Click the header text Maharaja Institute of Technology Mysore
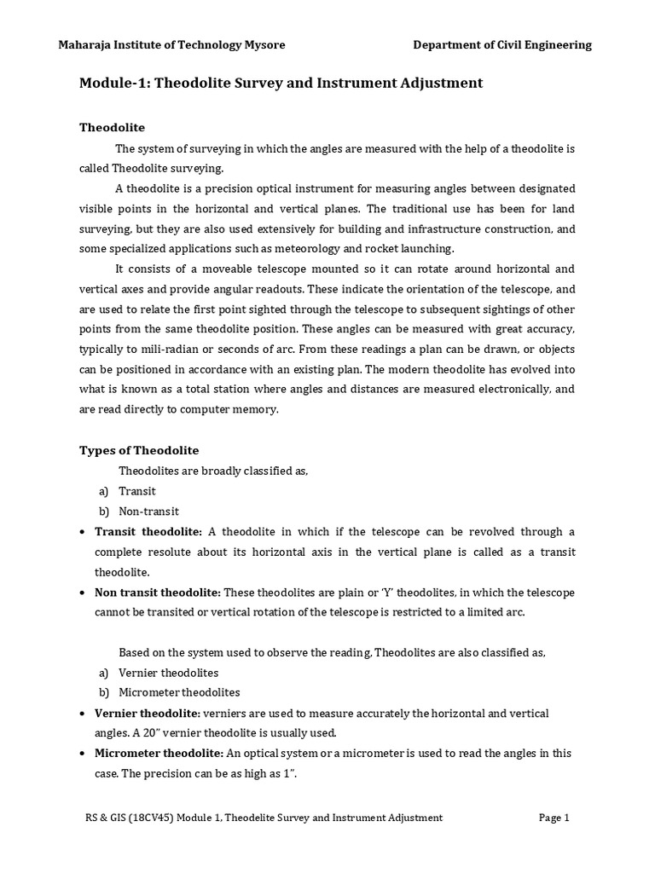click(171, 45)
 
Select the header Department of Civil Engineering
click(502, 45)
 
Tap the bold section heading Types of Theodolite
click(139, 450)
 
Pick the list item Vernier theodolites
click(168, 672)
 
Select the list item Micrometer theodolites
click(179, 692)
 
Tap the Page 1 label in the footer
click(554, 818)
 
